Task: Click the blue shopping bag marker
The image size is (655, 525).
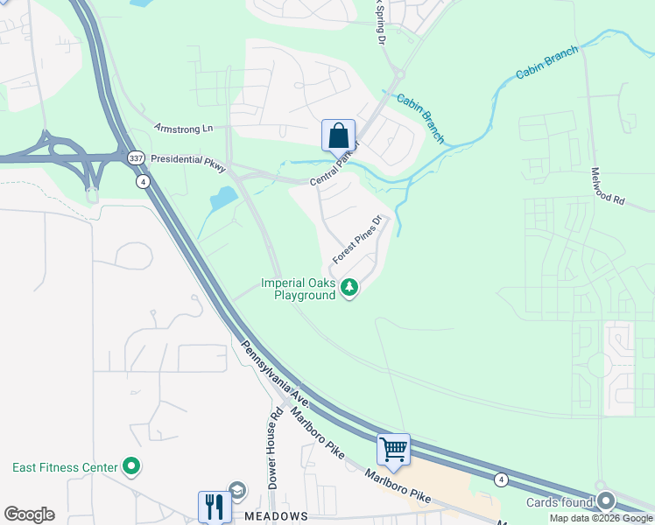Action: tap(338, 137)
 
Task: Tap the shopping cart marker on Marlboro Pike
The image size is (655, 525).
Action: tap(393, 450)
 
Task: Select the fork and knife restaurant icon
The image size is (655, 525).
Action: tap(213, 506)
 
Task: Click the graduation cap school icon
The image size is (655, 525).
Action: tap(236, 490)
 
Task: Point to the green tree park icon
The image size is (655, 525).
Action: tap(349, 287)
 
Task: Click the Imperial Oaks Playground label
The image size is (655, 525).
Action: tap(299, 289)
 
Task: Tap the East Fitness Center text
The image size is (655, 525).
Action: tap(65, 467)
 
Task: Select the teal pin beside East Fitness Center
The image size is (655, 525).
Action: tap(131, 466)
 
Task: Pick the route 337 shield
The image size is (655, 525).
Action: tap(135, 157)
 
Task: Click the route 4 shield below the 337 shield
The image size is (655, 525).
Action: tap(142, 182)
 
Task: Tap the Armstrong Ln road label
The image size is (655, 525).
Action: tap(183, 129)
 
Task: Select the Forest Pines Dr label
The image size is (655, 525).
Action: tap(357, 241)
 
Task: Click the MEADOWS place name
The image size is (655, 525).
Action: tap(277, 516)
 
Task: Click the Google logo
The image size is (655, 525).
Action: tap(29, 514)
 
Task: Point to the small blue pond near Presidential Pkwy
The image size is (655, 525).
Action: tap(223, 198)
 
